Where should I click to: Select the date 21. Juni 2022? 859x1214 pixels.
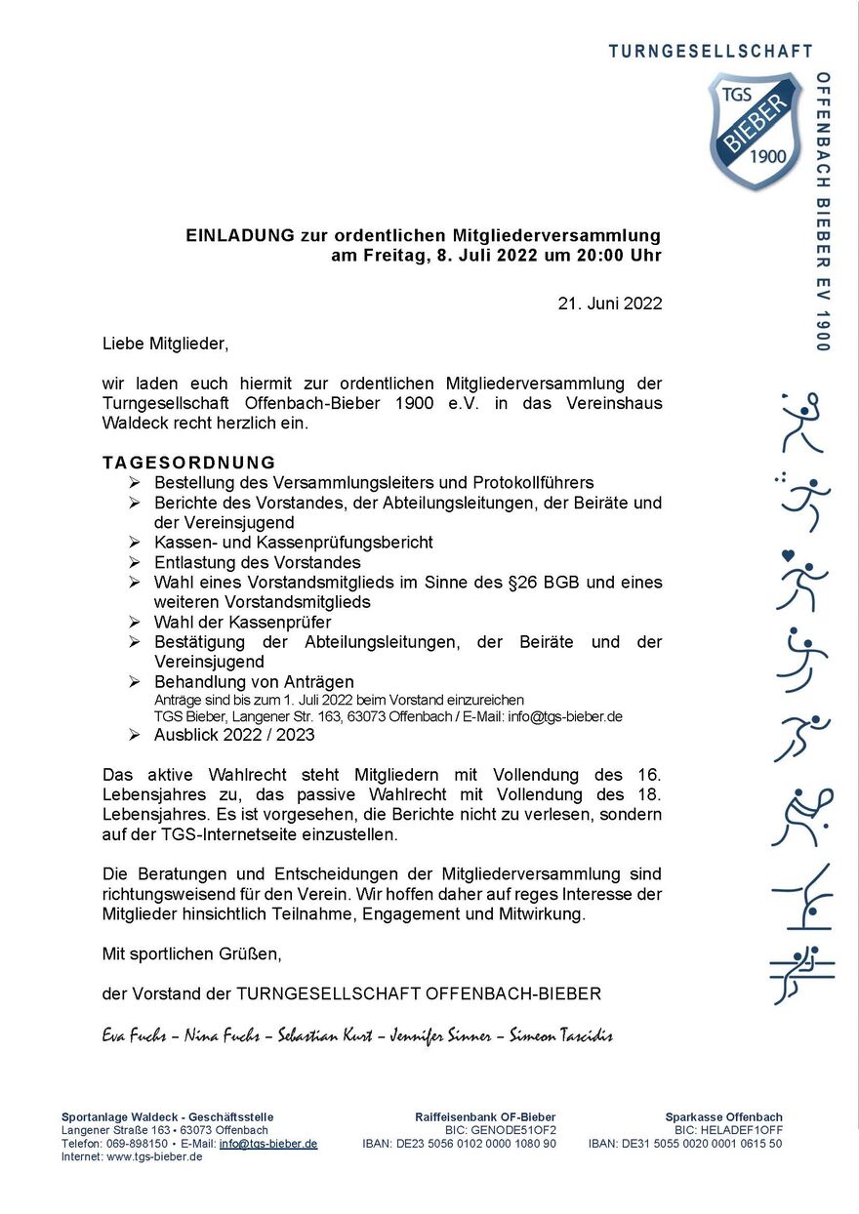click(x=609, y=303)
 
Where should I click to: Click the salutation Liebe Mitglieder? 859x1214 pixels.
click(x=165, y=344)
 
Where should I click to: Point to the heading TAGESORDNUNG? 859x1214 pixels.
click(x=189, y=463)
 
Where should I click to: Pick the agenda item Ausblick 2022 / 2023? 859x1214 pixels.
click(x=234, y=735)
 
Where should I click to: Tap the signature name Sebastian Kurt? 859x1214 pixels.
click(x=325, y=1035)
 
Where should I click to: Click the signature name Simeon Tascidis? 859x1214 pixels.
click(x=561, y=1035)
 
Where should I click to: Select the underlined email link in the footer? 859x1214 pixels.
click(x=268, y=1144)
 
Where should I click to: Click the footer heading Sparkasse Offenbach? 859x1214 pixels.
click(x=723, y=1117)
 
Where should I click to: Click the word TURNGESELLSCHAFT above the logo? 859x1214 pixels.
click(x=711, y=51)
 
